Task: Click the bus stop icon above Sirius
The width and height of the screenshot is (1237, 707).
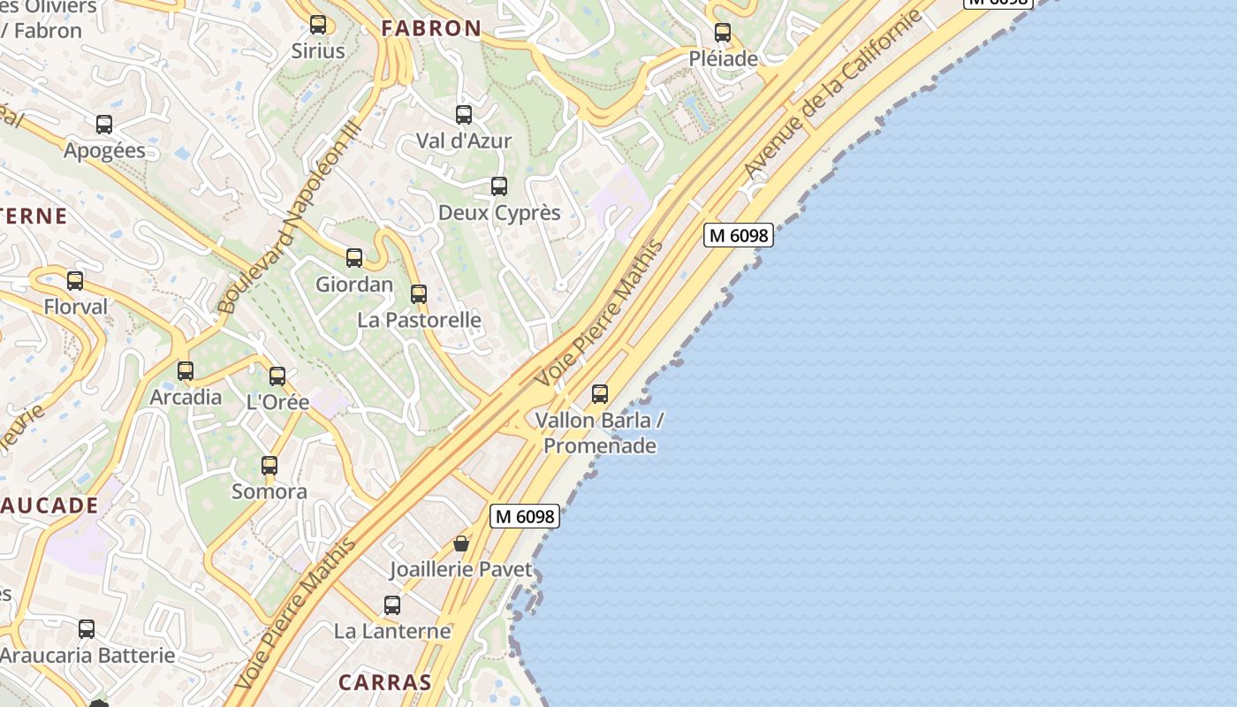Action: [318, 25]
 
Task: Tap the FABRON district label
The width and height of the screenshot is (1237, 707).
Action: [431, 28]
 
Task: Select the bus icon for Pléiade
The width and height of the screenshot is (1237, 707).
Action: [723, 34]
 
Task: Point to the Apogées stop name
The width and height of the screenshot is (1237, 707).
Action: [104, 150]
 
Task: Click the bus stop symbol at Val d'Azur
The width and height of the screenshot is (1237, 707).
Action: [464, 115]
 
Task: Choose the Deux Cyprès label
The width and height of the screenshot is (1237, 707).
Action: [499, 213]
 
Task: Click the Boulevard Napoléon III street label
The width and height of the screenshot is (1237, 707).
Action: [290, 217]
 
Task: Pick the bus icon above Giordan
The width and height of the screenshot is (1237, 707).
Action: [354, 258]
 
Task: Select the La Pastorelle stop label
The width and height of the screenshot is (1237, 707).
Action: [420, 320]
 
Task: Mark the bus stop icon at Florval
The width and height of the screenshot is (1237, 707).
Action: [75, 281]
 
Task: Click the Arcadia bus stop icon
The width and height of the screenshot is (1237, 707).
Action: [186, 371]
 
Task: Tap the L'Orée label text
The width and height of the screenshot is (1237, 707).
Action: [277, 402]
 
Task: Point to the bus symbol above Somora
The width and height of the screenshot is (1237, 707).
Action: [269, 466]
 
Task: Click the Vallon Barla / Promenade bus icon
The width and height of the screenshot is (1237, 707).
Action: [600, 394]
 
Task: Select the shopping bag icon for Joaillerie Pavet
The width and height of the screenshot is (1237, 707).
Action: [460, 544]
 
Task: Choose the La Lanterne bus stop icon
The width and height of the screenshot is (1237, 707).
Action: [392, 605]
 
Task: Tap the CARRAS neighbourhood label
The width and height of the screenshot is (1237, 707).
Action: [385, 682]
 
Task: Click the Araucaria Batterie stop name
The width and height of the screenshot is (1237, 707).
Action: [87, 656]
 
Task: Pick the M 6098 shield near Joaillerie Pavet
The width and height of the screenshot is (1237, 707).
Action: [526, 516]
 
